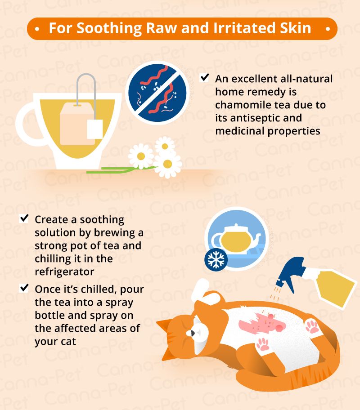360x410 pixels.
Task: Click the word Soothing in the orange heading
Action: click(x=109, y=28)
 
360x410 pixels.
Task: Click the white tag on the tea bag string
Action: click(x=95, y=129)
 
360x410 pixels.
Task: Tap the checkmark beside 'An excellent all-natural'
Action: click(x=204, y=78)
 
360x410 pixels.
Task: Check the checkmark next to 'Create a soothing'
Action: click(x=24, y=218)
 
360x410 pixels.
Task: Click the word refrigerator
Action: click(x=64, y=272)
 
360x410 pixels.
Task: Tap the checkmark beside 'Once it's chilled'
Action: click(x=24, y=288)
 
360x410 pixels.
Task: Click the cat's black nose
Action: click(x=193, y=333)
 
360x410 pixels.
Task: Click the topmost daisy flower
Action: click(x=165, y=146)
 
